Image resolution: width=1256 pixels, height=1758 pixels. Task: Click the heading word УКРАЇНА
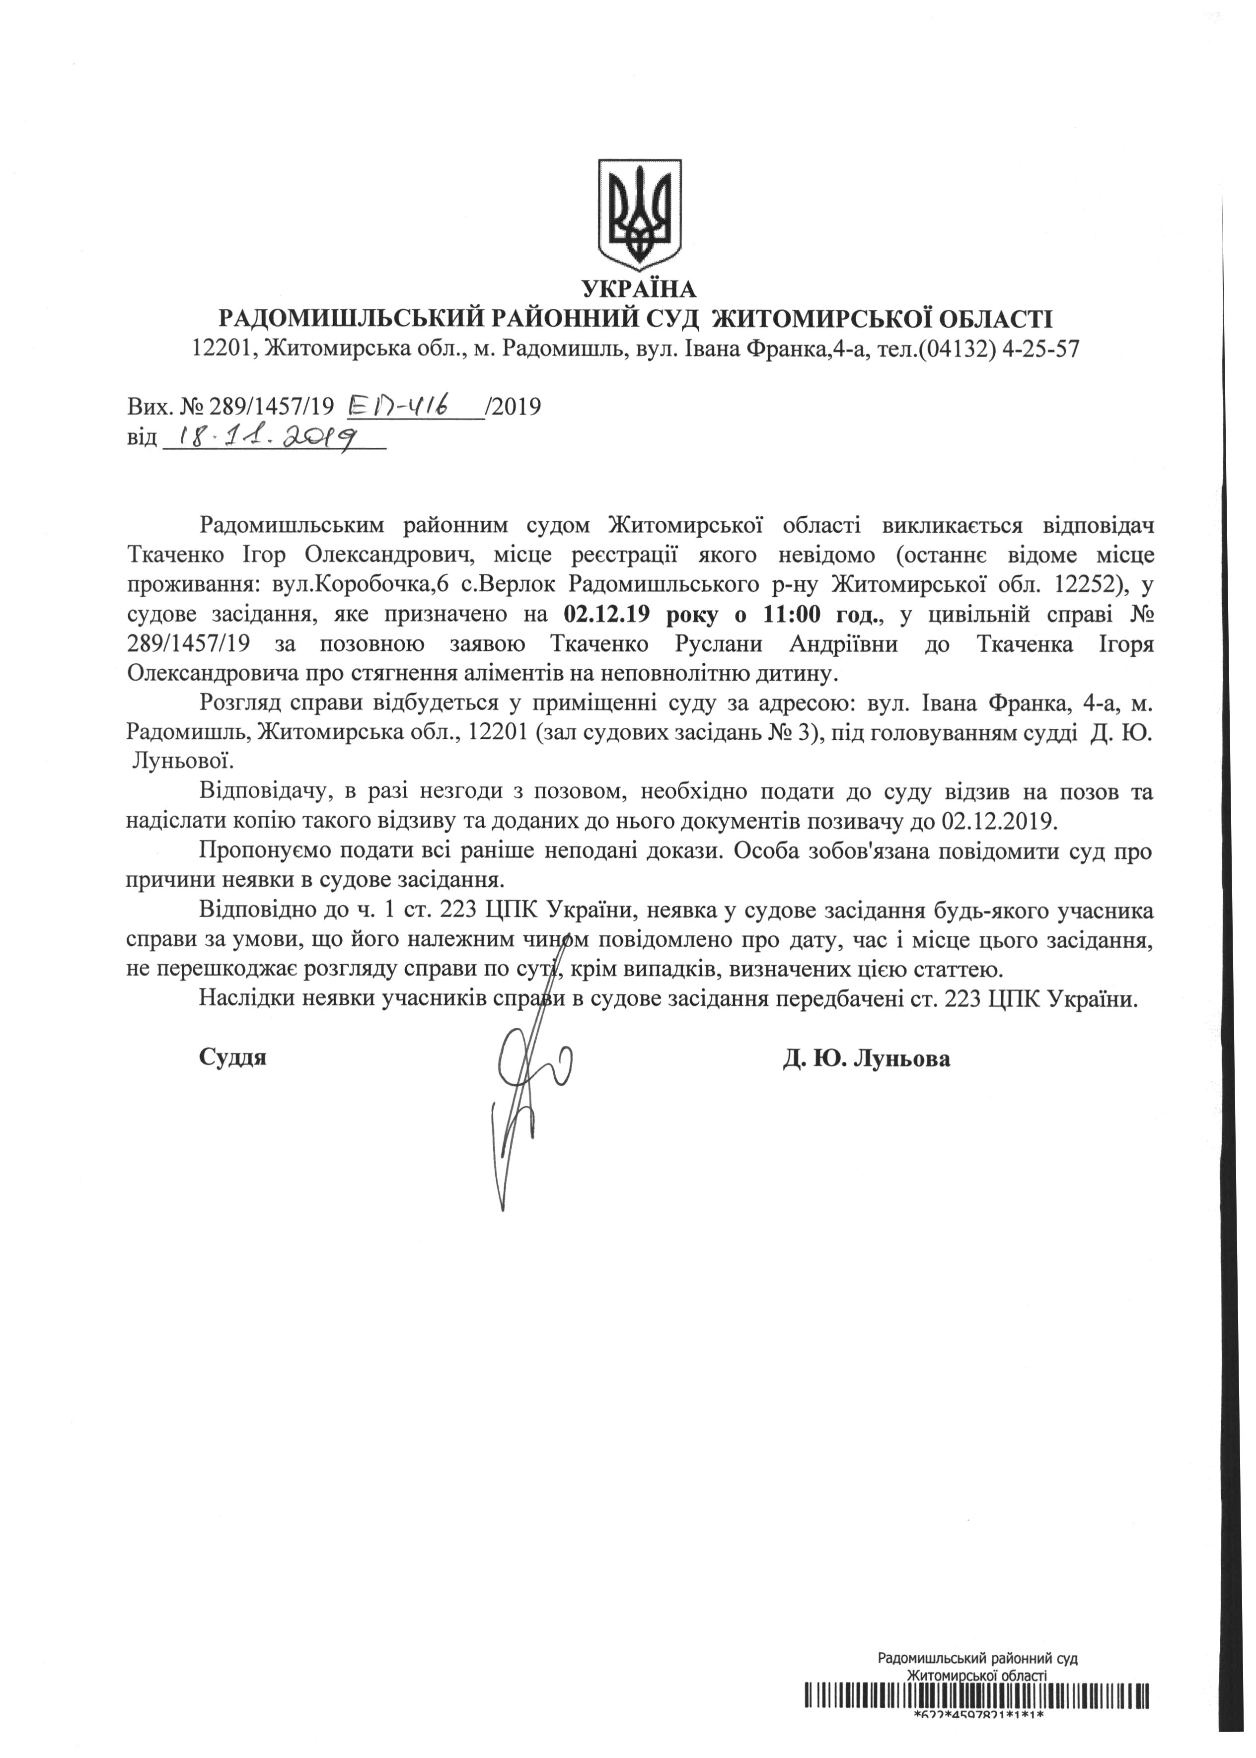[639, 290]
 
